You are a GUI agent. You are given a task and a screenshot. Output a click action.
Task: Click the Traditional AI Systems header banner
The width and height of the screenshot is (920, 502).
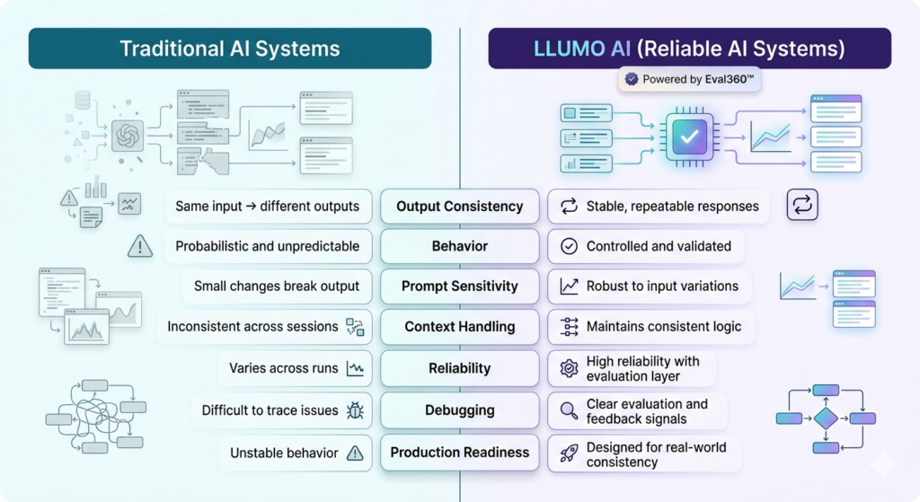coord(230,48)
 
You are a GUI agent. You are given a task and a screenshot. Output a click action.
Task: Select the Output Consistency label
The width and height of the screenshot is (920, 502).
coord(459,207)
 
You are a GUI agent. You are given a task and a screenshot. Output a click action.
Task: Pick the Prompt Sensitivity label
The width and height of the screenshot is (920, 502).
coord(459,286)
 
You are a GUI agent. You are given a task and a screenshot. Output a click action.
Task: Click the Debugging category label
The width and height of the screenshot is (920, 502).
coord(459,410)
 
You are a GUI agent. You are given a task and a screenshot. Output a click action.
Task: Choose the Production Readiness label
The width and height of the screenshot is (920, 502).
coord(459,453)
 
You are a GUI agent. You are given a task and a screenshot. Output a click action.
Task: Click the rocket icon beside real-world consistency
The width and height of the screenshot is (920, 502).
coord(569,454)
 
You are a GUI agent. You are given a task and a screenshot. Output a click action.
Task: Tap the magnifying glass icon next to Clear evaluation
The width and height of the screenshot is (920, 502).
coord(569,411)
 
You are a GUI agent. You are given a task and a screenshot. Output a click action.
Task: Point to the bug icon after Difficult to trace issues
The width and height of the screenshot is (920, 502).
coord(355,410)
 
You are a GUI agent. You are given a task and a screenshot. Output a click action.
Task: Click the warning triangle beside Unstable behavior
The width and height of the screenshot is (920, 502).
coord(355,453)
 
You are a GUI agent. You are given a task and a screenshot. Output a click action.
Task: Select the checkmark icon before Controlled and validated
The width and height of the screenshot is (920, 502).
coord(569,246)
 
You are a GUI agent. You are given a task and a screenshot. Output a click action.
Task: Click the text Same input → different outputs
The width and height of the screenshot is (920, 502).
coord(267,207)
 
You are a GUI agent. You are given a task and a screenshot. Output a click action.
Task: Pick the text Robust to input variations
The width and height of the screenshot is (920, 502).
coord(662,286)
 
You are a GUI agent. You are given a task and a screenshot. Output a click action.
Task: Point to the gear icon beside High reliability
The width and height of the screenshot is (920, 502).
coord(569,367)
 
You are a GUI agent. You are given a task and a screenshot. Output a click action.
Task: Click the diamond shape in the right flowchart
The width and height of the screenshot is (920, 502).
coord(825,418)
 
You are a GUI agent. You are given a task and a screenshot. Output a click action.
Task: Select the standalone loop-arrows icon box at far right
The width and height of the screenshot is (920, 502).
coord(802,205)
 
